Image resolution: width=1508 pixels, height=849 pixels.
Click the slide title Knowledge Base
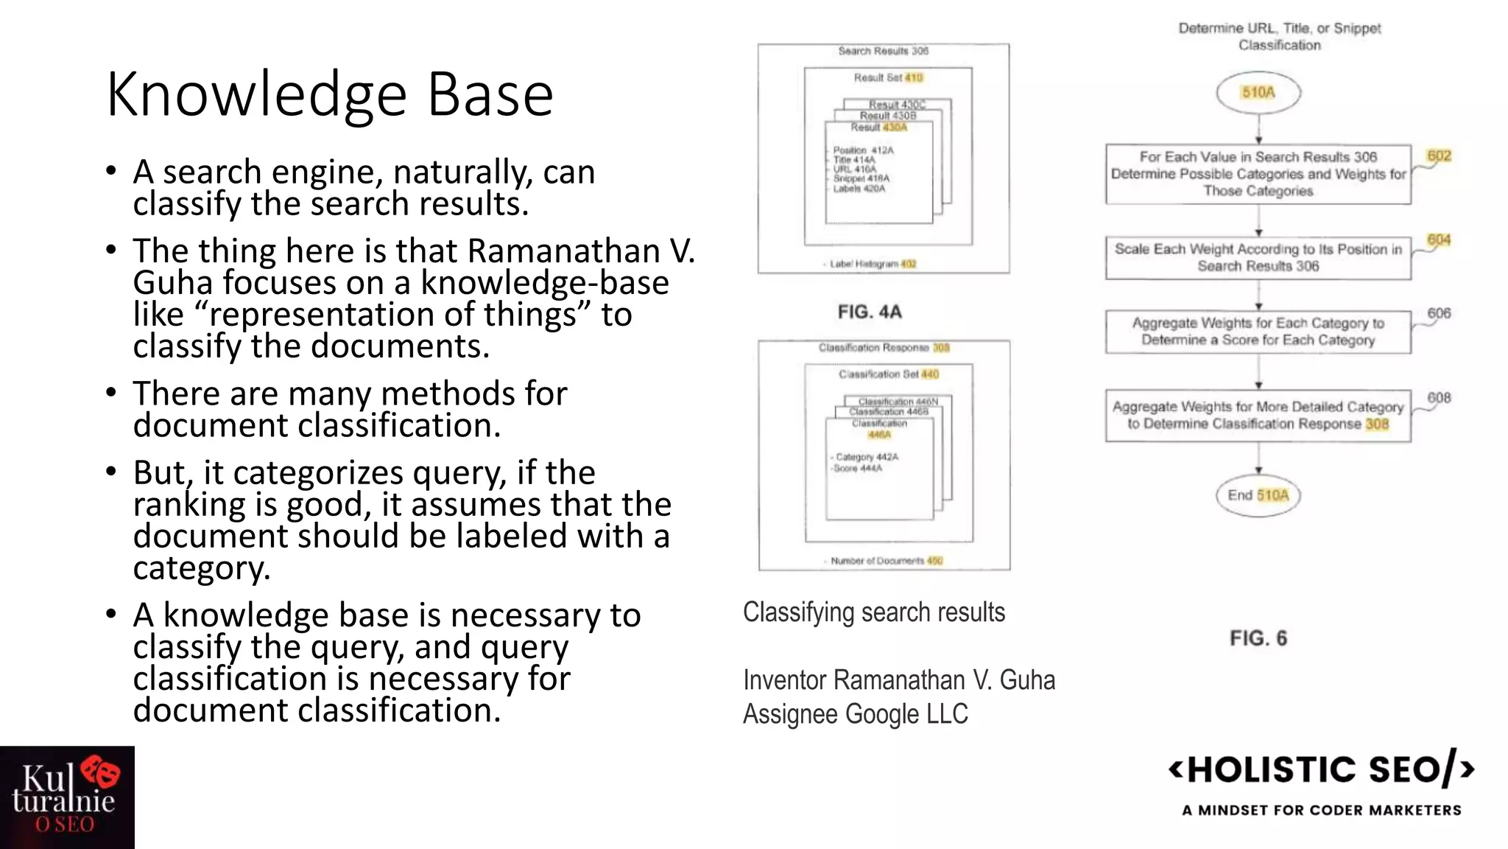pyautogui.click(x=329, y=94)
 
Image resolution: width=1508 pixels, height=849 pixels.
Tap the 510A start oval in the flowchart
pyautogui.click(x=1258, y=93)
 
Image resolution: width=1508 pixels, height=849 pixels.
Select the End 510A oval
pyautogui.click(x=1258, y=495)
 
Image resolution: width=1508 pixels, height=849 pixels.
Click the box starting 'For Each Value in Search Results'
pyautogui.click(x=1258, y=174)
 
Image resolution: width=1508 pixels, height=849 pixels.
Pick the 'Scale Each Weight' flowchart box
pyautogui.click(x=1258, y=258)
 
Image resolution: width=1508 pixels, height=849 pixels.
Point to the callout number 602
pyautogui.click(x=1439, y=156)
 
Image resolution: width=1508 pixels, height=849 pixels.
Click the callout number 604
pyautogui.click(x=1439, y=240)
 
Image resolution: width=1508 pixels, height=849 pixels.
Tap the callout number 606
pyautogui.click(x=1439, y=313)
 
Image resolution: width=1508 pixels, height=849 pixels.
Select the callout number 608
pyautogui.click(x=1439, y=398)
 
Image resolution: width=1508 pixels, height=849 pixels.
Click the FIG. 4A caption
pyautogui.click(x=870, y=312)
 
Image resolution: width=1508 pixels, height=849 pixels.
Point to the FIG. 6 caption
pyautogui.click(x=1258, y=638)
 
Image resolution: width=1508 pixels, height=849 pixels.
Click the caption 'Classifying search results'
pyautogui.click(x=874, y=612)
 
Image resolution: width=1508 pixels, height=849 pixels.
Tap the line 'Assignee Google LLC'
pyautogui.click(x=856, y=714)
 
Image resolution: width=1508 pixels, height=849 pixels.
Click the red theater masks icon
pyautogui.click(x=101, y=772)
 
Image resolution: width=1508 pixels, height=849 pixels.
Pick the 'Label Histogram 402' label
pyautogui.click(x=873, y=264)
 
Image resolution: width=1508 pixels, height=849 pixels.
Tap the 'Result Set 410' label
pyautogui.click(x=888, y=77)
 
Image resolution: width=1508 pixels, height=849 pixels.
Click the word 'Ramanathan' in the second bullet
pyautogui.click(x=563, y=251)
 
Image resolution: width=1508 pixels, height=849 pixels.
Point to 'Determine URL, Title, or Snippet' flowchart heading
pyautogui.click(x=1280, y=29)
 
